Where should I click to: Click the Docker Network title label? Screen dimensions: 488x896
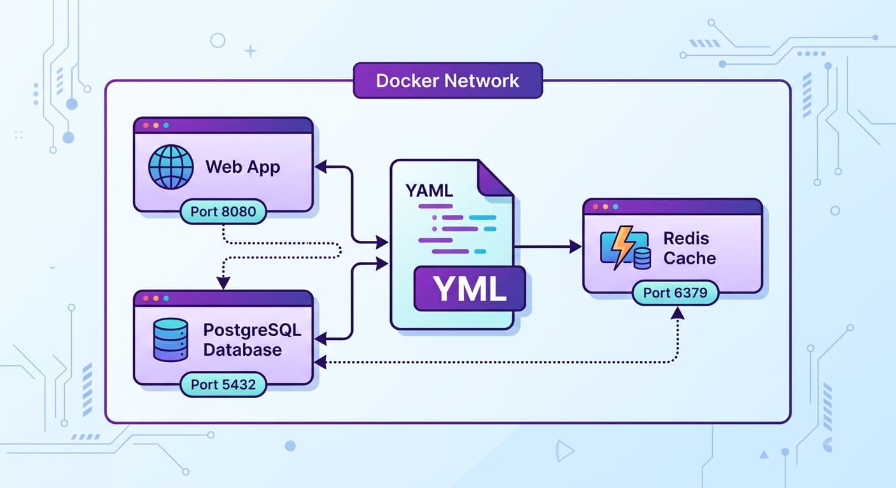tap(447, 81)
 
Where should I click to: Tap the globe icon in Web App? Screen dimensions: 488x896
tap(171, 167)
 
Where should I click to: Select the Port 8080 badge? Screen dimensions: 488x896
tap(222, 212)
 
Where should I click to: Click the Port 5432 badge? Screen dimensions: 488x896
tap(222, 384)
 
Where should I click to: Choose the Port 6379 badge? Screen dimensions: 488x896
tap(675, 293)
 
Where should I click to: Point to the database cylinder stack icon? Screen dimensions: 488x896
tap(171, 340)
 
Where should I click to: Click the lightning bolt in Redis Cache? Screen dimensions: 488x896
tap(622, 248)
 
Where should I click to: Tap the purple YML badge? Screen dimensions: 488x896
tap(470, 288)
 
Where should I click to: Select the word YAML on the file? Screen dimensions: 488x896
tap(429, 190)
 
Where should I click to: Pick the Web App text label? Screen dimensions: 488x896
tap(242, 167)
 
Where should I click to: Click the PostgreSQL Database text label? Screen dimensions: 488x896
tap(251, 340)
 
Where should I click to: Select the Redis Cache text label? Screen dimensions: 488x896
tap(689, 248)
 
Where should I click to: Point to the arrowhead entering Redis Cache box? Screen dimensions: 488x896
tap(575, 247)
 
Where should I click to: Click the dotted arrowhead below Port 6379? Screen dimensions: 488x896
tap(678, 313)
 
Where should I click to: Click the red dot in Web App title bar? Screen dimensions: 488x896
tap(146, 126)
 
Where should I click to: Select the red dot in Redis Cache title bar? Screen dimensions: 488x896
tap(595, 207)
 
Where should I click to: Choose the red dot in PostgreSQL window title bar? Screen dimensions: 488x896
tap(146, 298)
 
